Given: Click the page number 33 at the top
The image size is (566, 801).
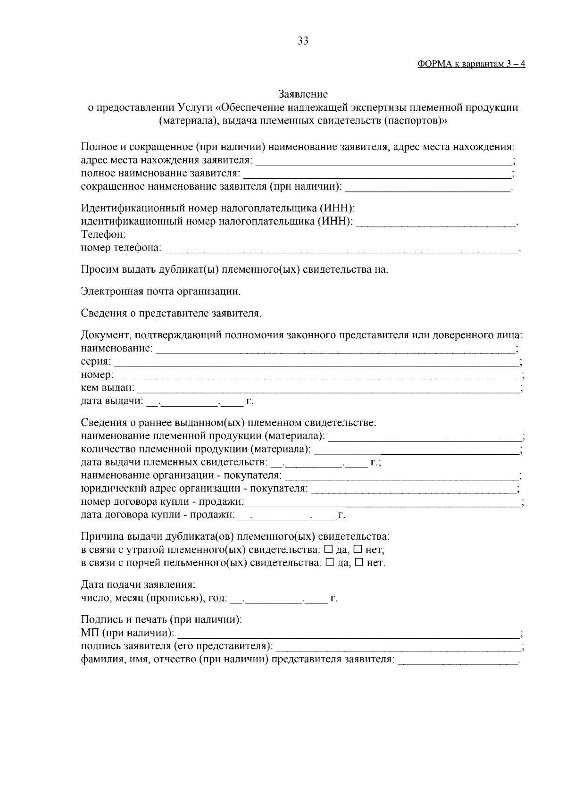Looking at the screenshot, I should pos(303,41).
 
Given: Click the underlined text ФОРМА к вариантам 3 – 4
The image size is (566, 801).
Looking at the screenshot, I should pos(471,65).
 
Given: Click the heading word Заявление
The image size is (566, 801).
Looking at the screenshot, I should pos(303,94).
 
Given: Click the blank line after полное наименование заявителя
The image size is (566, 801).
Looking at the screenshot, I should pos(376,175).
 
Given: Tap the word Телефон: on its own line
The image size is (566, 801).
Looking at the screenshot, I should pos(103,234).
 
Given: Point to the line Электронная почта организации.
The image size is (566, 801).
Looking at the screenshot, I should pos(161,292).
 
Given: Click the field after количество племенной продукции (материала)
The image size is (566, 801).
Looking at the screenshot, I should pos(415,450).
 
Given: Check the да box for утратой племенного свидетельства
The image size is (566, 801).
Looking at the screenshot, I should pos(329,550).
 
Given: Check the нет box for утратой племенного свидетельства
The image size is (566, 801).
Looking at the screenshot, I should pos(358,550).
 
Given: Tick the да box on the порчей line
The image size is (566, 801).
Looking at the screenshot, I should pos(330,563).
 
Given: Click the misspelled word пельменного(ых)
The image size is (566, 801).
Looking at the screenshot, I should pos(214,563).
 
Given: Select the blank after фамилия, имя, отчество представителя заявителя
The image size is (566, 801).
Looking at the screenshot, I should pos(457,660).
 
